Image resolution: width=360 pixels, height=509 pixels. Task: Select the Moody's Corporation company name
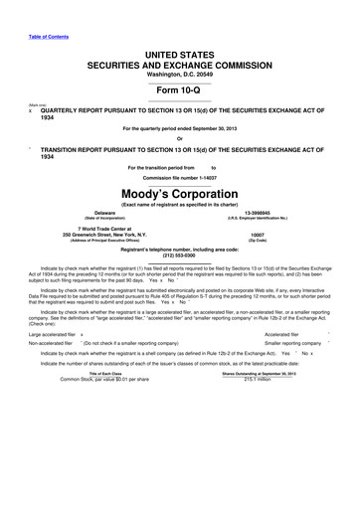179,194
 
